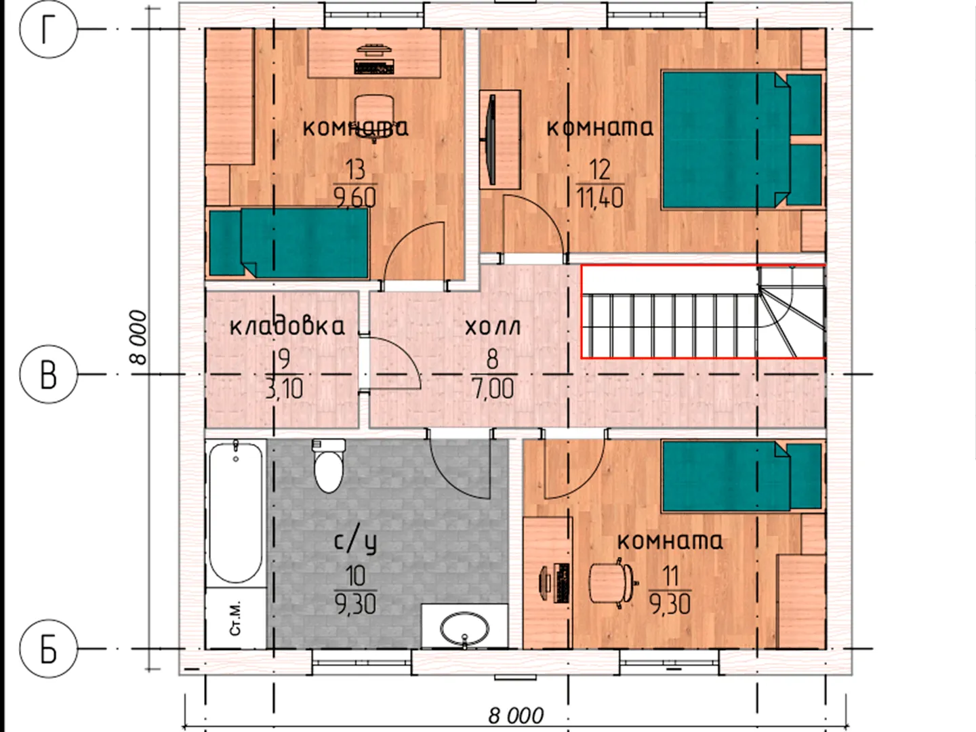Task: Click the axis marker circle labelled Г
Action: coord(49,29)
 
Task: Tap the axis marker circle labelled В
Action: coord(49,374)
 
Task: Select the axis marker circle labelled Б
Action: coord(49,649)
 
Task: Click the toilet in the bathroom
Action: coord(329,466)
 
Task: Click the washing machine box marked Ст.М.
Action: coord(236,618)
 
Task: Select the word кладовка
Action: coord(287,327)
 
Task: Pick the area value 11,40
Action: coord(600,198)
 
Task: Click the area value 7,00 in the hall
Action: coord(493,388)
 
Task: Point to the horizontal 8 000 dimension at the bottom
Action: coord(516,716)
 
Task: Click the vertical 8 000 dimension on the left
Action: coord(138,338)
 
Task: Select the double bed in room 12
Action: coord(741,140)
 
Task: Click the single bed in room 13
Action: coord(289,243)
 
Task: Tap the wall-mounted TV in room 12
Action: coord(491,140)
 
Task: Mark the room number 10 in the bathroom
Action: coord(356,575)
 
